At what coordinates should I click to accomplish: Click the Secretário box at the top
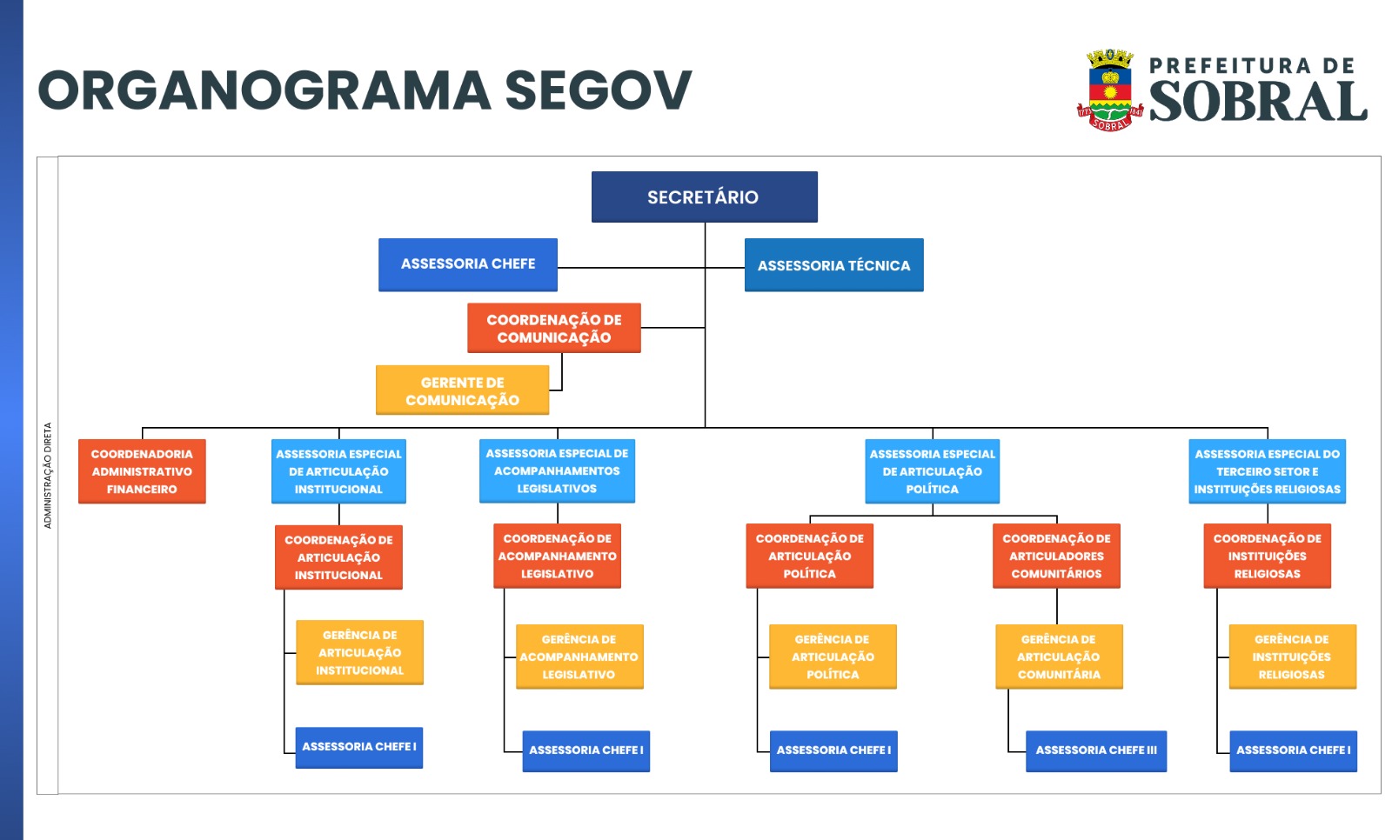tap(704, 197)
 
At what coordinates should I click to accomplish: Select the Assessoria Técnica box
tap(834, 264)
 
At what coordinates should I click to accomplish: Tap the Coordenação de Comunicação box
tap(553, 328)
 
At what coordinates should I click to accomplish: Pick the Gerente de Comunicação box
tap(462, 390)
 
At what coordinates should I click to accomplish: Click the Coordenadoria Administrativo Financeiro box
tap(142, 471)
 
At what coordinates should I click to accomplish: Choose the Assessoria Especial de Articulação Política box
tap(932, 471)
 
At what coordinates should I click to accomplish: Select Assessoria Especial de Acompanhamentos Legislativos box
tap(557, 471)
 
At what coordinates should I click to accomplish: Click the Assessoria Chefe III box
tap(1096, 750)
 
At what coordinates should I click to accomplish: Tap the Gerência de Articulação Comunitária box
tap(1059, 657)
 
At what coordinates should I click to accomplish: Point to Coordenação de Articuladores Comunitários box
tap(1056, 556)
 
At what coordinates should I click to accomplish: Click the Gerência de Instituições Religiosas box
tap(1293, 657)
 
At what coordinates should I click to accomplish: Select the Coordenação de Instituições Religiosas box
tap(1267, 556)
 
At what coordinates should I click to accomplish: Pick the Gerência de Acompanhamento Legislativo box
tap(579, 657)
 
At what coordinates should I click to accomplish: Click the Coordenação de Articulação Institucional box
tap(338, 557)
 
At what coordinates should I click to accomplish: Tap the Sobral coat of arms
tap(1110, 90)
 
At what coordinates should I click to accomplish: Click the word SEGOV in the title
tap(598, 90)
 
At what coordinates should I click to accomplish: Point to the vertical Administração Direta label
tap(48, 476)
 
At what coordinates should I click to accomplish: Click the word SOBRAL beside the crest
tap(1258, 101)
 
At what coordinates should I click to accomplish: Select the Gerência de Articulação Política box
tap(833, 657)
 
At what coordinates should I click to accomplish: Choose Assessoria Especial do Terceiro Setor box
tap(1267, 471)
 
